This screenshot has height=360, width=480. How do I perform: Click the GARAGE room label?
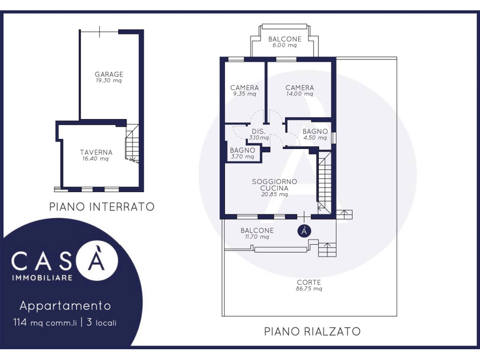109,74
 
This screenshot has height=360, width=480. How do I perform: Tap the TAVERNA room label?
96,152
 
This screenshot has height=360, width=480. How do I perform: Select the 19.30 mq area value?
109,81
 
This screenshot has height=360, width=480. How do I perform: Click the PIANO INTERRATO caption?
102,207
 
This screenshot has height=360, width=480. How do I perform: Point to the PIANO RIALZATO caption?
312,331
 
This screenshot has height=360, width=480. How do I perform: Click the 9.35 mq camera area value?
244,94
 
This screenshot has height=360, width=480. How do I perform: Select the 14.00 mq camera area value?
300,94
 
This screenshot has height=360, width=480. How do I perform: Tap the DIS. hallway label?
259,131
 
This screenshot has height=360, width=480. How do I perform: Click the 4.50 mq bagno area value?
315,138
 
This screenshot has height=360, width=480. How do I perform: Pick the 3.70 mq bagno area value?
242,157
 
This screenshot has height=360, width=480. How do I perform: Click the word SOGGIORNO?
274,181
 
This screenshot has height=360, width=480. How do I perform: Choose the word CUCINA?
274,188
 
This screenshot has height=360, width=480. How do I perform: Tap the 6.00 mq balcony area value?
285,45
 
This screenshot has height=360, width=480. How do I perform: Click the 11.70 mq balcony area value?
257,237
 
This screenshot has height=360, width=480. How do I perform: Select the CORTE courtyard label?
309,282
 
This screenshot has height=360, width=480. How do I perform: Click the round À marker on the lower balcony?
304,231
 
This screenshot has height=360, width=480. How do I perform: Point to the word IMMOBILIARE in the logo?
42,277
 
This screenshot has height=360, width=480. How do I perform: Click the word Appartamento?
65,306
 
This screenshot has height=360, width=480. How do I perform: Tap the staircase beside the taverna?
132,143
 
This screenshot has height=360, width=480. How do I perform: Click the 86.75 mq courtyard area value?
309,289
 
